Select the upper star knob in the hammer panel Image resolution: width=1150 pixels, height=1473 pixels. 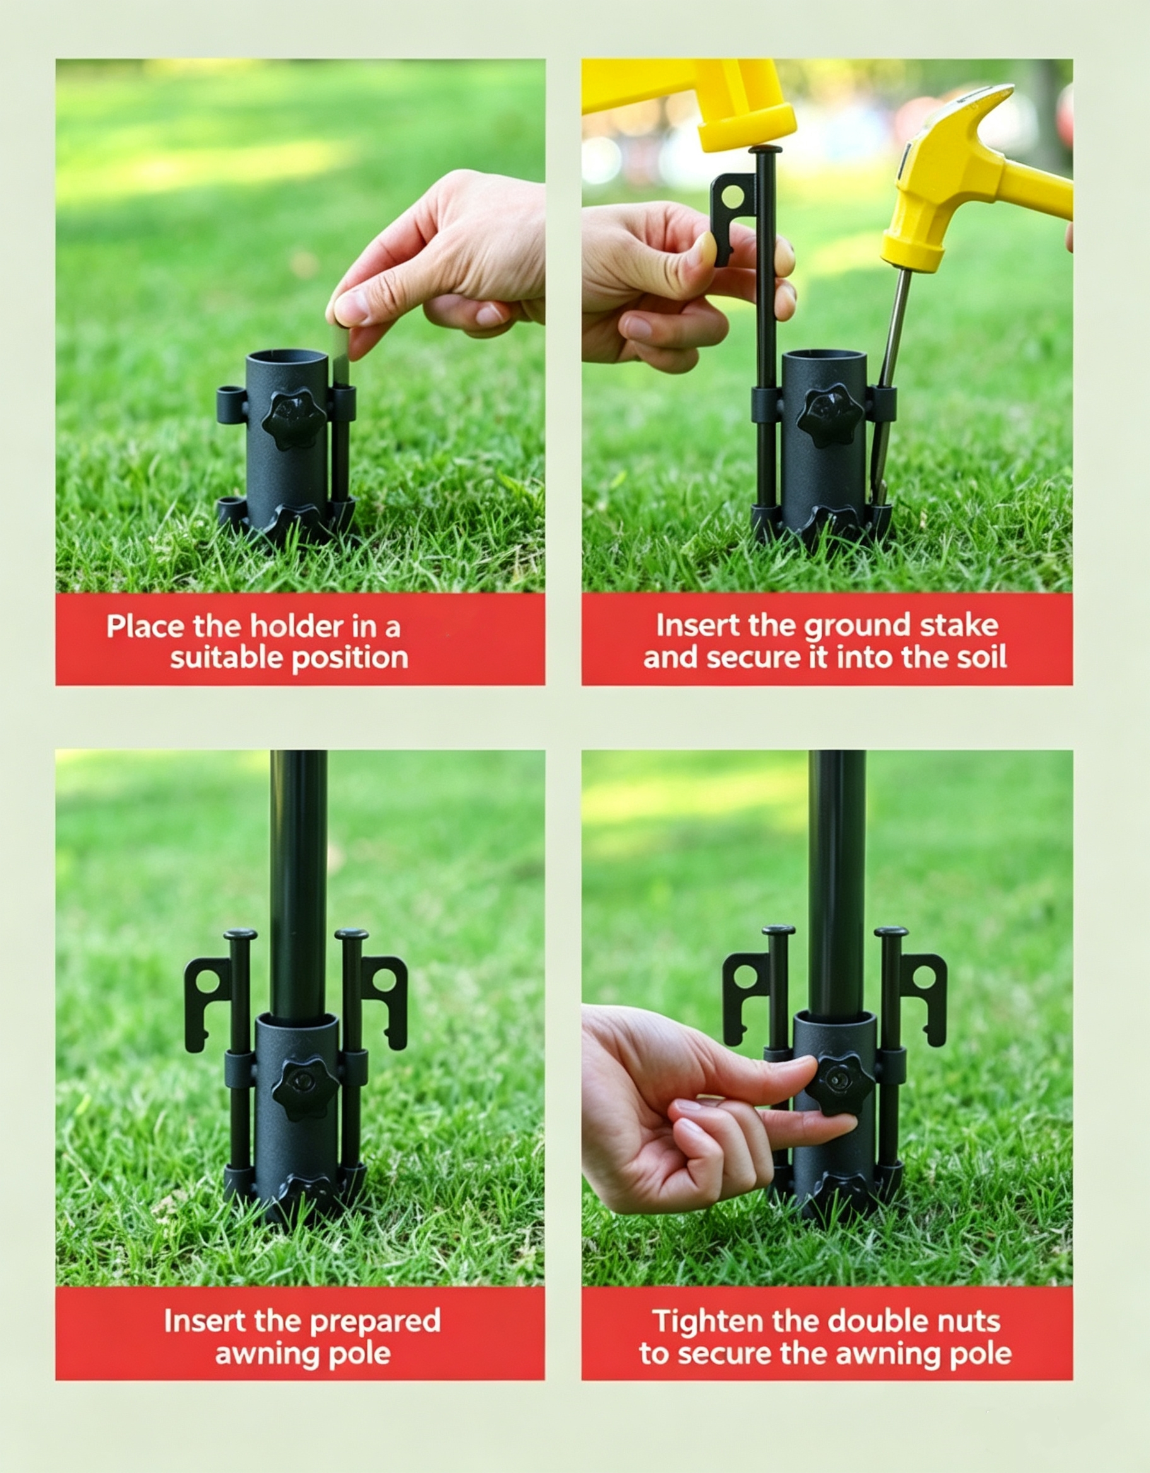point(830,416)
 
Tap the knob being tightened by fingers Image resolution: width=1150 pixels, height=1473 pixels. point(840,1085)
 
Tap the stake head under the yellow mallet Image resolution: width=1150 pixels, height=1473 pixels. point(765,149)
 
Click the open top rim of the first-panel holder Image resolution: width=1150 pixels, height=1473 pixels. point(288,356)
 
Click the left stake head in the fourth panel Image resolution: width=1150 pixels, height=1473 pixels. point(779,930)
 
